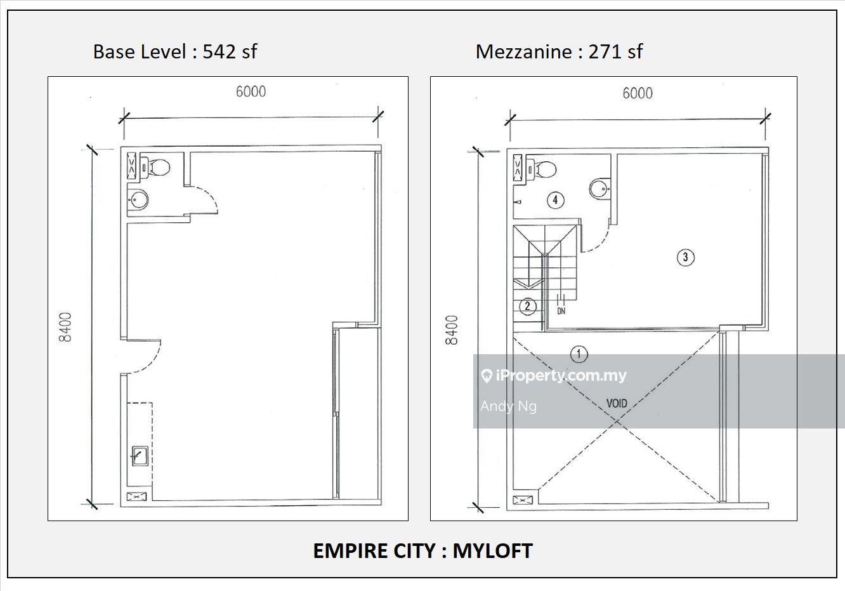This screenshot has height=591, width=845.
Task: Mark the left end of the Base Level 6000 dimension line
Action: coord(124,118)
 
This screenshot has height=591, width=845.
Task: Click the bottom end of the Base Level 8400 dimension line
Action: coord(92,504)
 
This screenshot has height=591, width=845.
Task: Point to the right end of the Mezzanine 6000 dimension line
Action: coord(766,119)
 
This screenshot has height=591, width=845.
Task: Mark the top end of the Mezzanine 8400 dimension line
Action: coord(478,151)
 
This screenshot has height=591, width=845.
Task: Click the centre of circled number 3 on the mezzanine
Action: coord(685,258)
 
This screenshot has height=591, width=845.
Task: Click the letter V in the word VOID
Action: coord(609,404)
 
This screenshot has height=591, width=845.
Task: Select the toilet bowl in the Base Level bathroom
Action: coord(156,167)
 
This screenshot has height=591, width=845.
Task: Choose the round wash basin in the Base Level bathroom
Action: coord(138,199)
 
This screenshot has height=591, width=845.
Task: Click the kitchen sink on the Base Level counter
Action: coord(140,456)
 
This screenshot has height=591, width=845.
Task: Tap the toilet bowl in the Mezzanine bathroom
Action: coord(542,169)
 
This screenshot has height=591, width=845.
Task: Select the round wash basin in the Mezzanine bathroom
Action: coord(599,187)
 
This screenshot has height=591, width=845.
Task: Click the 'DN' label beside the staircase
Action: coord(561,311)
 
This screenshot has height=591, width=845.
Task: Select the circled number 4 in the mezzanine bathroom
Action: coord(555,200)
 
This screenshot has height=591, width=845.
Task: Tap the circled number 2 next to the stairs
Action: coord(527,306)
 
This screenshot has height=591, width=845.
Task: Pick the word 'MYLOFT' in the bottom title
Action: coord(493,552)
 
